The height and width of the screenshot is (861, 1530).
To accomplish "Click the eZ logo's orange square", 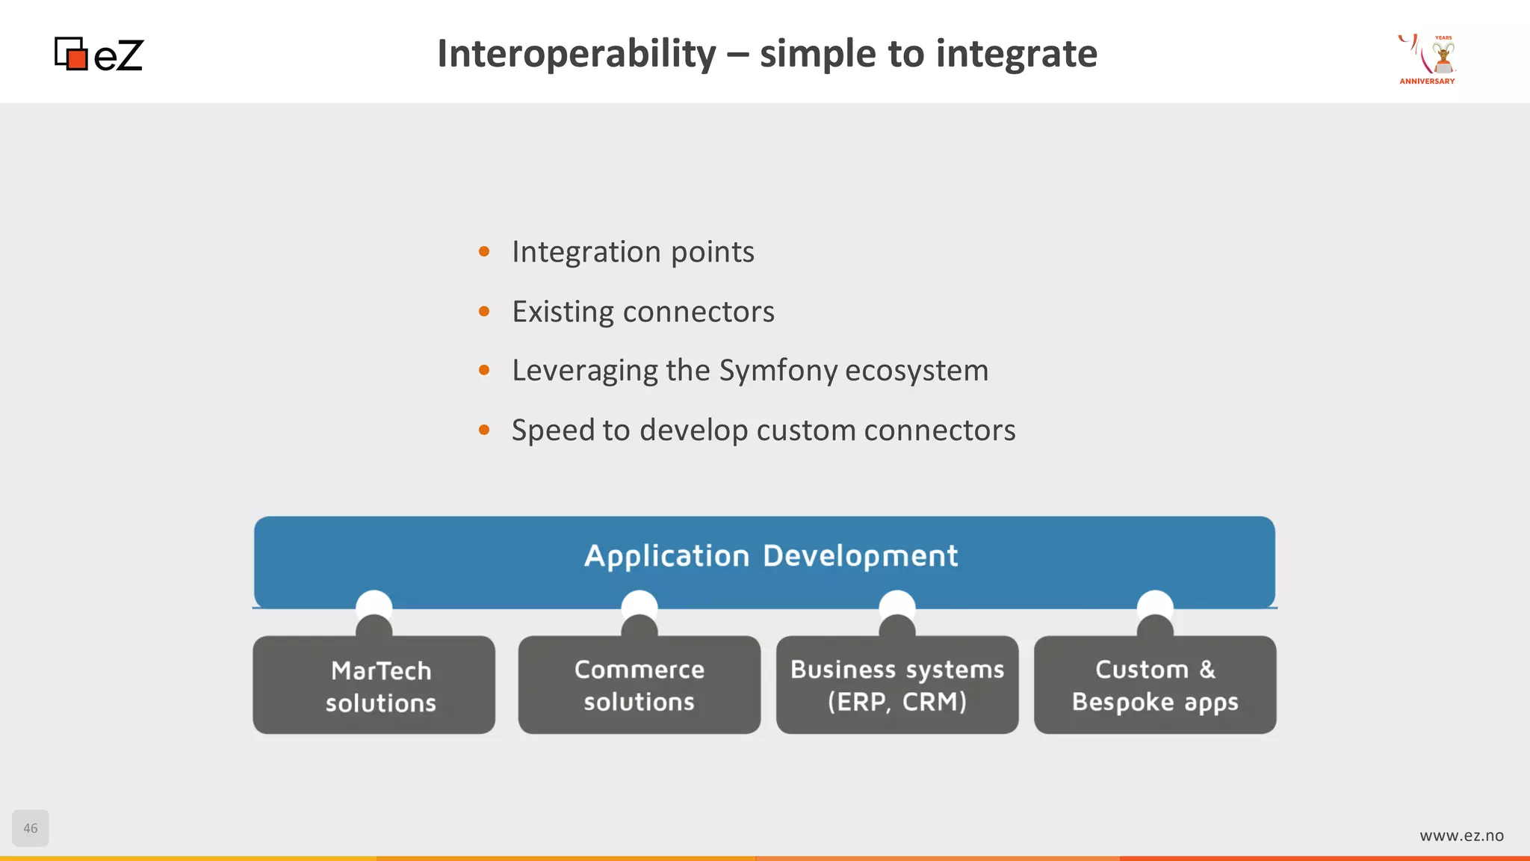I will tap(76, 58).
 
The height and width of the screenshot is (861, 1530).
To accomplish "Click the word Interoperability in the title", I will tap(576, 54).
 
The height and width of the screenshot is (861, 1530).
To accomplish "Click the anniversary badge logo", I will tap(1428, 59).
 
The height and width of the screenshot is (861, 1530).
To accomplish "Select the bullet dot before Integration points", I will tap(484, 252).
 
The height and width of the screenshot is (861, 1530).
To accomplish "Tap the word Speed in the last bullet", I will tap(553, 430).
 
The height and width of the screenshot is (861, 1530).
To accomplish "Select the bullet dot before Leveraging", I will tap(484, 371).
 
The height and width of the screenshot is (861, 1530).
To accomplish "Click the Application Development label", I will tap(770, 556).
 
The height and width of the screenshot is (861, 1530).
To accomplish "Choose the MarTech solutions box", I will tap(374, 685).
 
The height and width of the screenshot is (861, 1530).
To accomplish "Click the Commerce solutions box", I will tap(639, 685).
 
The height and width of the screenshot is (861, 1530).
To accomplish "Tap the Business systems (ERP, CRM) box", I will tap(897, 685).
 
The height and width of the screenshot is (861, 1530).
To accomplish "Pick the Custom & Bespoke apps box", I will tap(1155, 685).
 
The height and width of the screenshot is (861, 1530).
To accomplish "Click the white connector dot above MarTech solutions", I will tap(374, 602).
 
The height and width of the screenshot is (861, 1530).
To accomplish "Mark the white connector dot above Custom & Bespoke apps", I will tap(1155, 602).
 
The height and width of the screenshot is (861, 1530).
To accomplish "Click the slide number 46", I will tap(31, 828).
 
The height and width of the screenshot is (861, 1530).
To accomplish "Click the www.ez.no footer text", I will tap(1461, 836).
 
